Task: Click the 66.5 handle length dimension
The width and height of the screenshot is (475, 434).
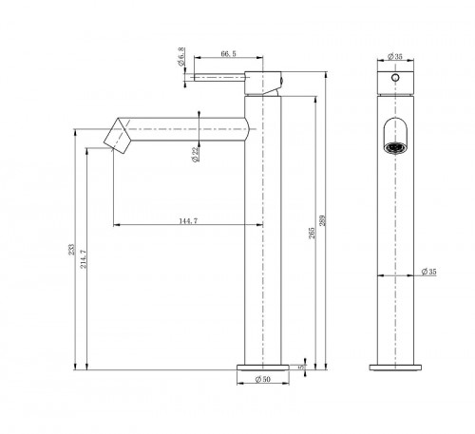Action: coord(227,55)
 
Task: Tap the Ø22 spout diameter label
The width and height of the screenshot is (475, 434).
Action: coord(194,154)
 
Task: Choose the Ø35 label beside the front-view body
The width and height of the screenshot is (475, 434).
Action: coord(428,274)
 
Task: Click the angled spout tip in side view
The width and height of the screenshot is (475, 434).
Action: coord(116,135)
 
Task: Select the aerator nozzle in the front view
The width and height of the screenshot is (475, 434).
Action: coord(394,147)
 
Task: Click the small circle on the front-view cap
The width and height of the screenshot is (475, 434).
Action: coord(394,75)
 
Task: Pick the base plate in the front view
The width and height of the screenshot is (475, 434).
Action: coord(394,366)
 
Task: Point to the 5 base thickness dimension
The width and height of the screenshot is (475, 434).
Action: coord(301,365)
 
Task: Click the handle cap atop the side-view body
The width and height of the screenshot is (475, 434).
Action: coord(263,82)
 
